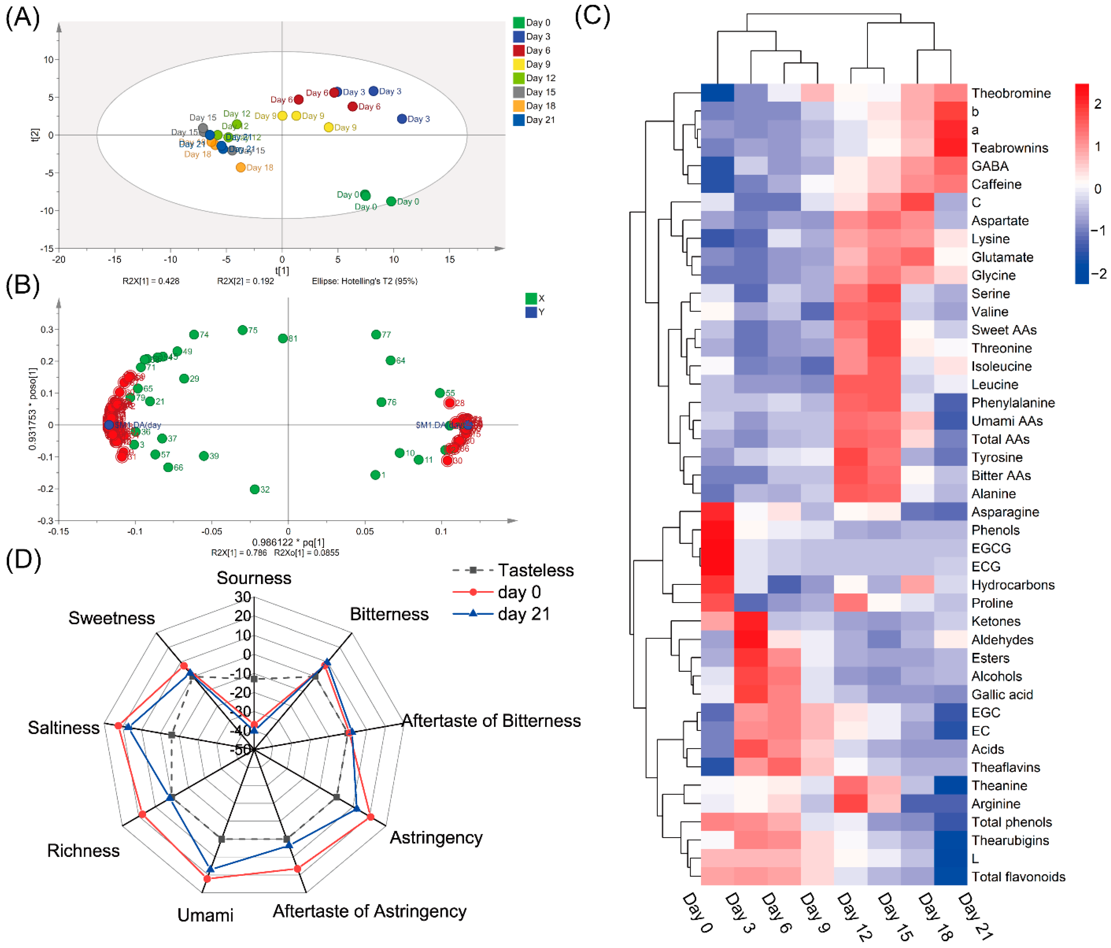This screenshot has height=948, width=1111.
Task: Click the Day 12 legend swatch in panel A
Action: click(x=518, y=78)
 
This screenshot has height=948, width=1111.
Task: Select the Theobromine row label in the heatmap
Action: click(x=1011, y=93)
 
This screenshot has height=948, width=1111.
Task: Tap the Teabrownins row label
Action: click(x=1010, y=148)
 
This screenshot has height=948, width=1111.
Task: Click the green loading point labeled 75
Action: click(x=242, y=330)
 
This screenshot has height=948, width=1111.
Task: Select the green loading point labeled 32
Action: click(x=255, y=489)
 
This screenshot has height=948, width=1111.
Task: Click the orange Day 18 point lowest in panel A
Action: click(x=241, y=168)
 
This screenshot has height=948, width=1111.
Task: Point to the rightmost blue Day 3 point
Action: click(x=402, y=118)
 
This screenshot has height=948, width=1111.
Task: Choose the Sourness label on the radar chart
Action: click(x=253, y=578)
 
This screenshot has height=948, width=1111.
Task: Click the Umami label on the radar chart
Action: click(x=205, y=915)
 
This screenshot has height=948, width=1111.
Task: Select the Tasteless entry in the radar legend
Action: click(x=536, y=570)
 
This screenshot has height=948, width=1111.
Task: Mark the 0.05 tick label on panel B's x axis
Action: click(x=365, y=532)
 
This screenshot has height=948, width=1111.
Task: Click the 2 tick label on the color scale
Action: click(x=1097, y=104)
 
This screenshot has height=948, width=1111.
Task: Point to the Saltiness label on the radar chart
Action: click(x=64, y=728)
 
